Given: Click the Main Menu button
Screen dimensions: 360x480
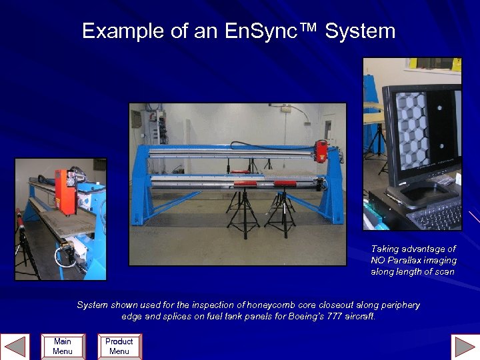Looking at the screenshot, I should pyautogui.click(x=62, y=346).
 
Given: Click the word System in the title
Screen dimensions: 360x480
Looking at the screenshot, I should pyautogui.click(x=360, y=31).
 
